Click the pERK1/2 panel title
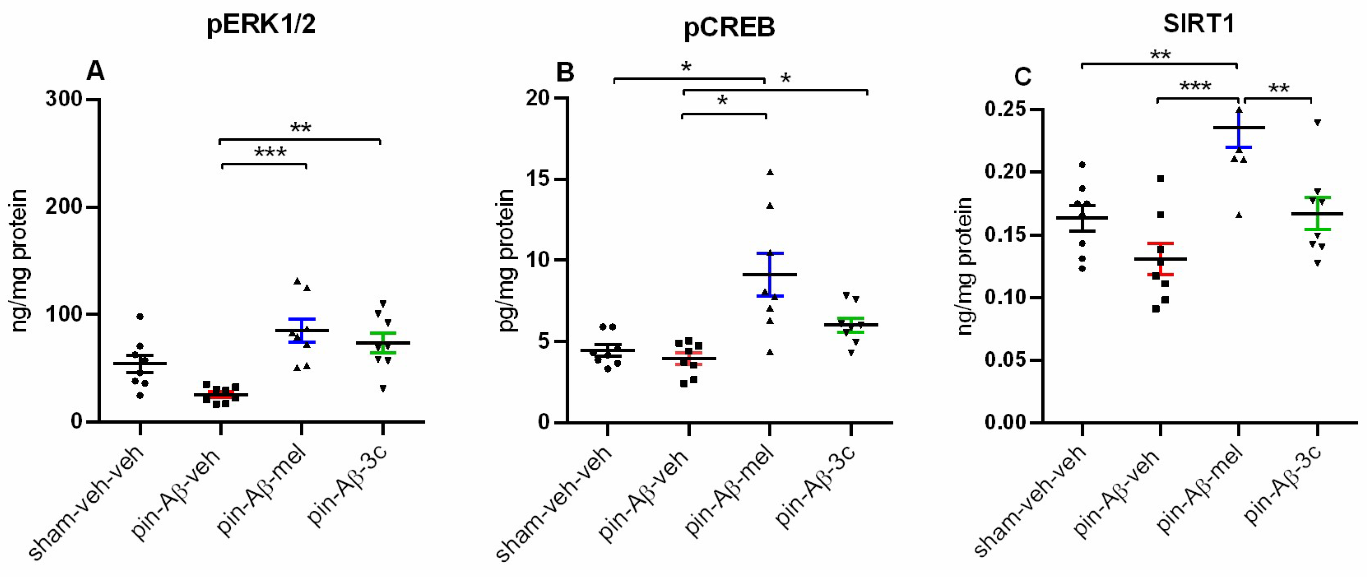(261, 24)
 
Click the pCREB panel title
(729, 26)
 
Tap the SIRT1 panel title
(1198, 23)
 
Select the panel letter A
(95, 71)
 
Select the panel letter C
(1023, 77)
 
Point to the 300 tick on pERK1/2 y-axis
(64, 100)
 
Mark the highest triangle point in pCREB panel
(770, 172)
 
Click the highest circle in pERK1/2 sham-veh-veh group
(140, 317)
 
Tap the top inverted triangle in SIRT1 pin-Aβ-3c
(1317, 123)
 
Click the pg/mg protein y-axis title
(507, 260)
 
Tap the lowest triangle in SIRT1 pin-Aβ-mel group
(1239, 215)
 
